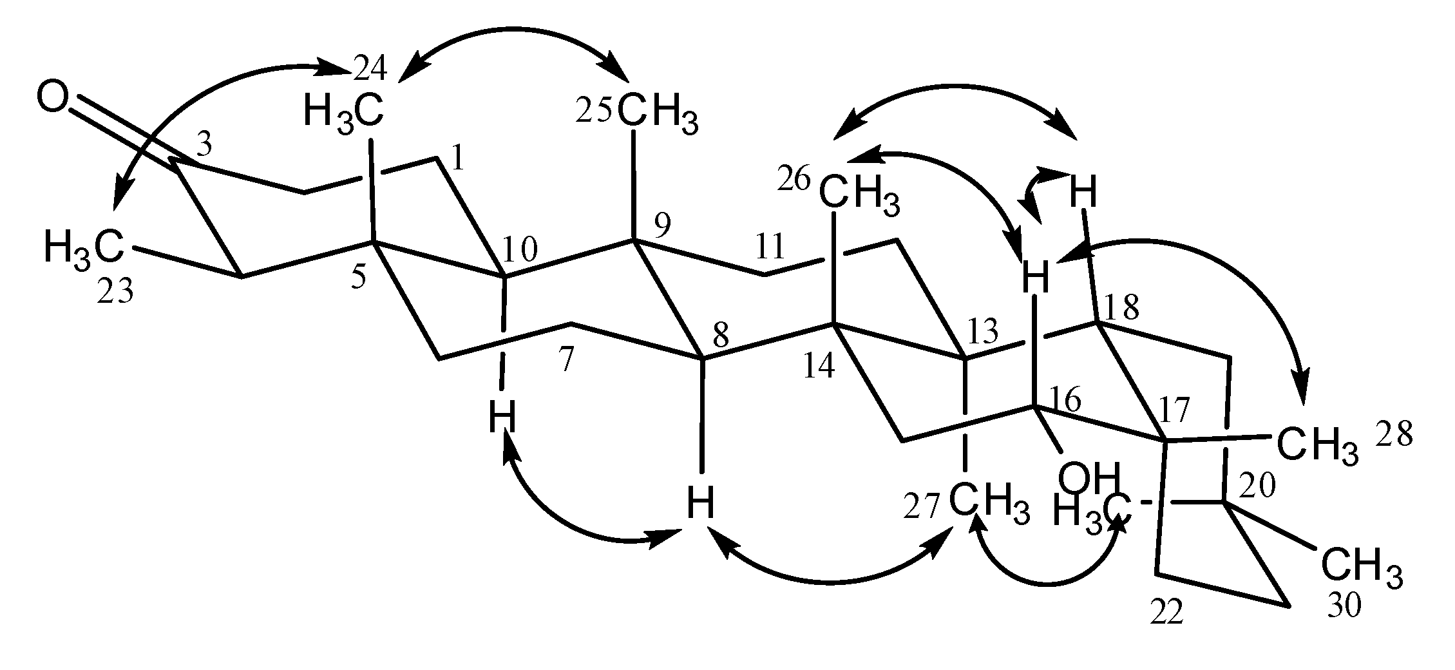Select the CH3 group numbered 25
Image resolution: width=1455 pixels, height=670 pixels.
pyautogui.click(x=657, y=115)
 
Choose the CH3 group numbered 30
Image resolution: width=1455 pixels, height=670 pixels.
pyautogui.click(x=1362, y=569)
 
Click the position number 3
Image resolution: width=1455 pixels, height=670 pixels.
pyautogui.click(x=204, y=147)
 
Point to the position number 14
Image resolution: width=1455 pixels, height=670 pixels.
pyautogui.click(x=819, y=367)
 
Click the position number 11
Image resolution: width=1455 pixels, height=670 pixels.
pyautogui.click(x=770, y=245)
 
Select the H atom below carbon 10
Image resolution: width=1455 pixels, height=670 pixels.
pyautogui.click(x=502, y=418)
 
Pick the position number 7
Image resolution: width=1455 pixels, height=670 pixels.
pyautogui.click(x=565, y=363)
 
